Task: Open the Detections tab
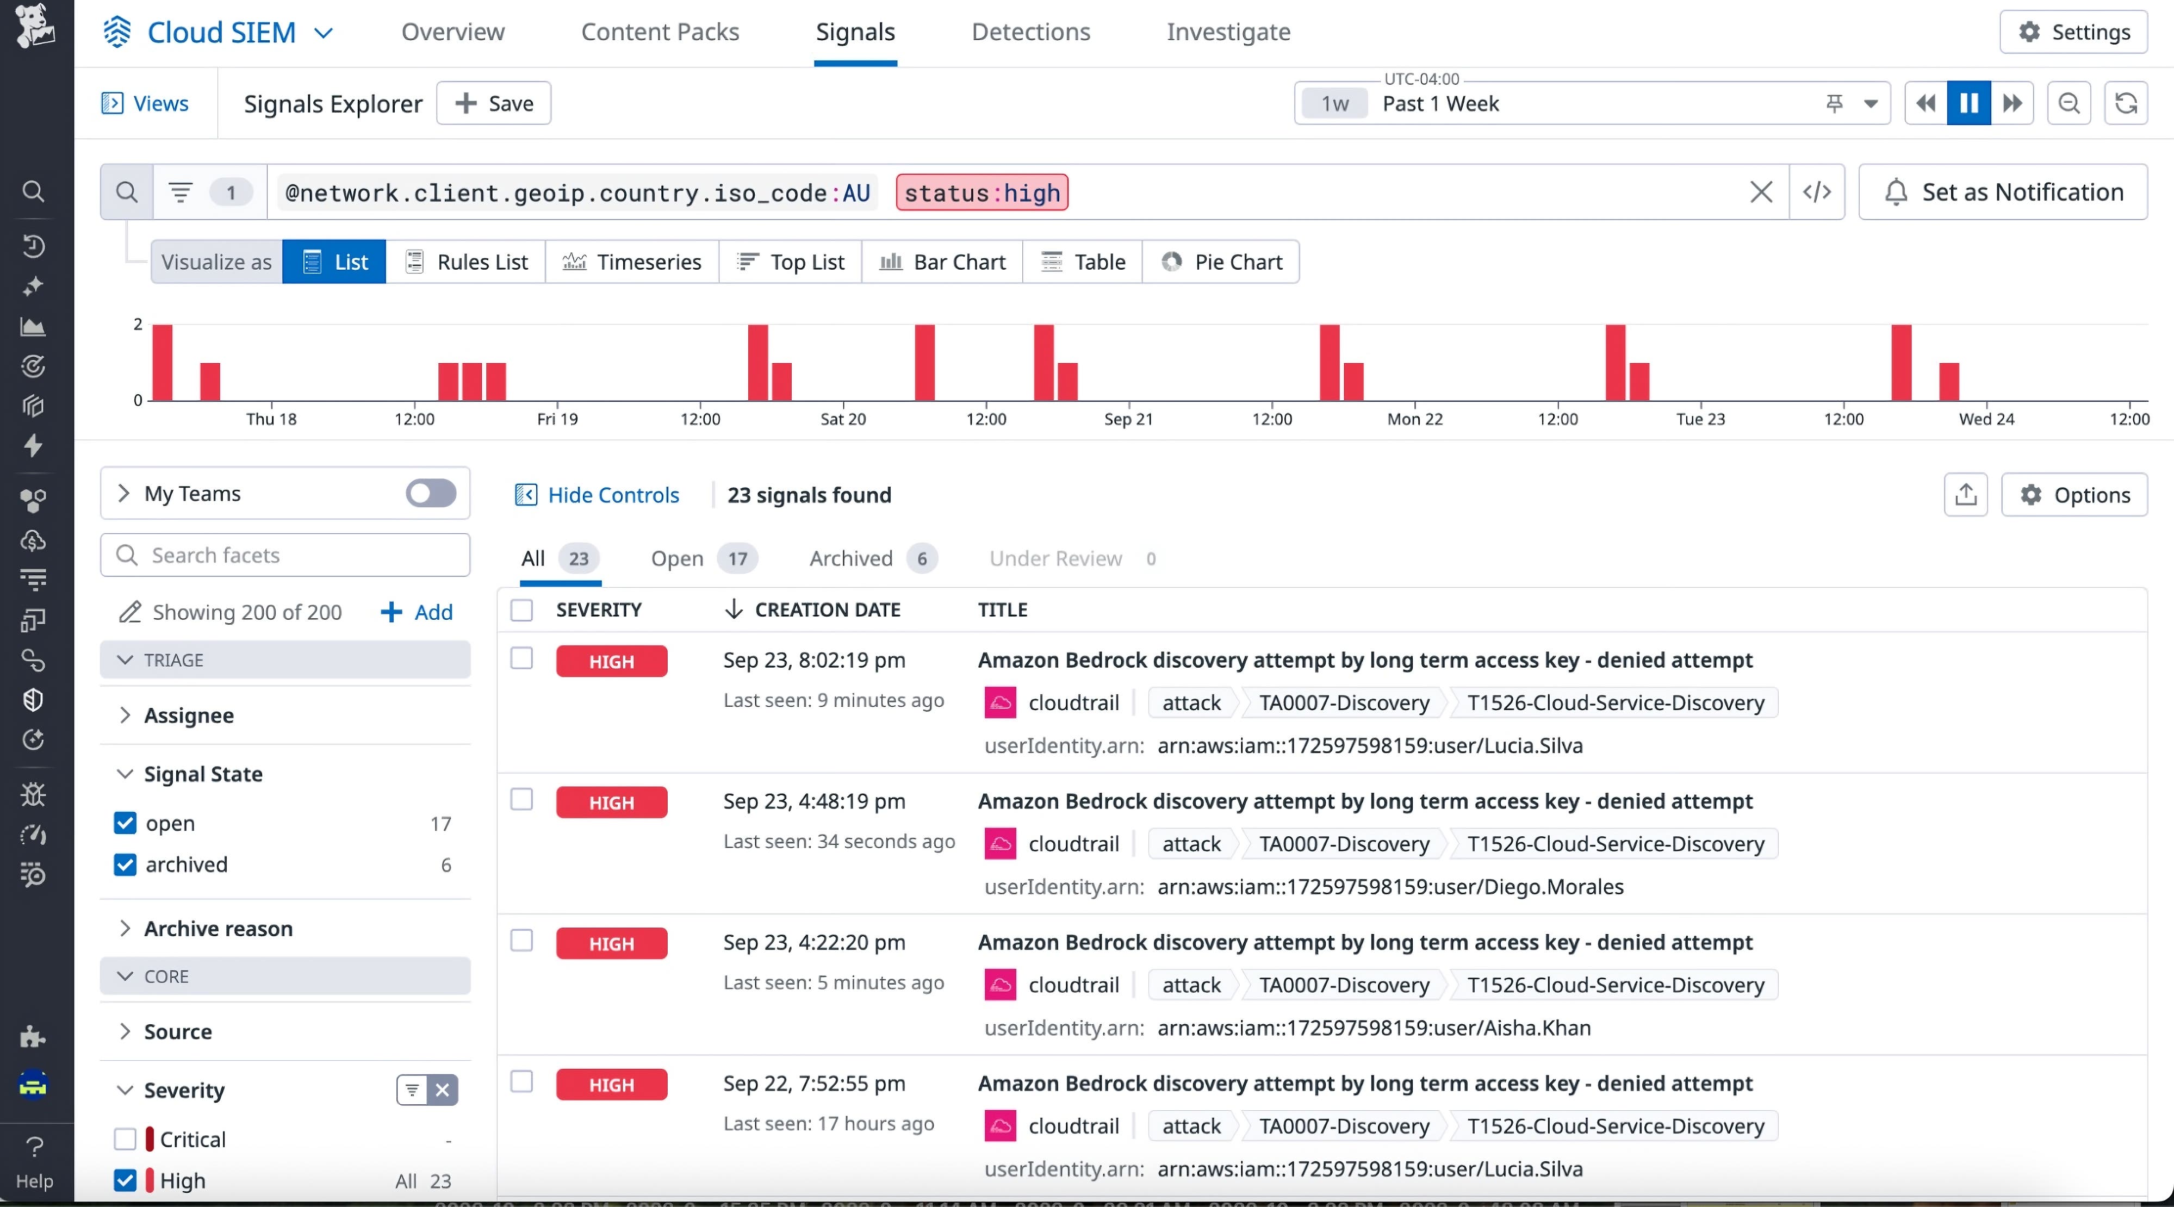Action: click(1030, 32)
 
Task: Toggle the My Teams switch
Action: click(431, 493)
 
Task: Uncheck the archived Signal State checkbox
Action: click(125, 864)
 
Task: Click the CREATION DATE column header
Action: click(827, 609)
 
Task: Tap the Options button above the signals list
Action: click(2074, 495)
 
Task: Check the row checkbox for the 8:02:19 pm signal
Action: click(521, 658)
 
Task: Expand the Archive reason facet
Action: click(218, 929)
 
